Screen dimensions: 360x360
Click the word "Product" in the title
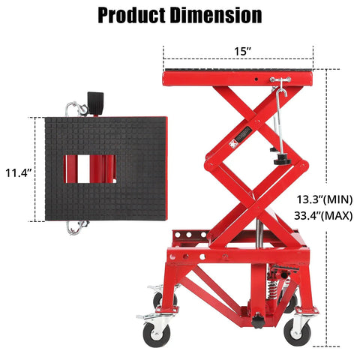pyautogui.click(x=134, y=15)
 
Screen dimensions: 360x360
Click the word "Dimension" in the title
pyautogui.click(x=217, y=15)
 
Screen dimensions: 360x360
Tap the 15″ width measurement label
pyautogui.click(x=238, y=53)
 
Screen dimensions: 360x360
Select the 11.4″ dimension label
pyautogui.click(x=16, y=172)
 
